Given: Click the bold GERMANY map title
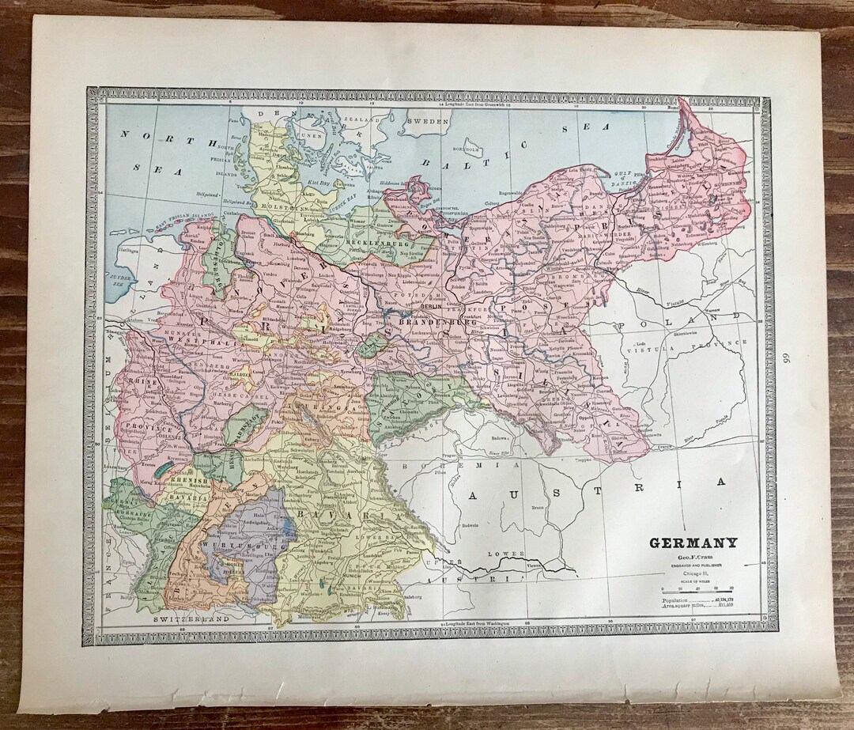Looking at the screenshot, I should pyautogui.click(x=693, y=543).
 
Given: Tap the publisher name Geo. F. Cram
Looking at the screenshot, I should pyautogui.click(x=693, y=557).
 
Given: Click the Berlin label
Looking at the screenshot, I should pyautogui.click(x=432, y=306).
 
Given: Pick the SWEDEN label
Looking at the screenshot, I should pyautogui.click(x=427, y=122).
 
